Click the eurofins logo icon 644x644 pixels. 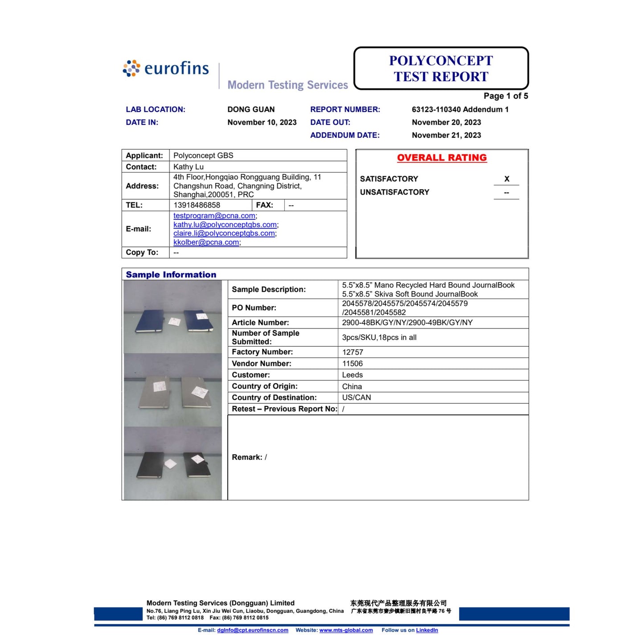(131, 69)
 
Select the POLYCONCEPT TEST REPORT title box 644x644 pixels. (441, 69)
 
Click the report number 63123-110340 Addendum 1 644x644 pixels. (460, 110)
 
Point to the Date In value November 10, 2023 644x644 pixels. (262, 123)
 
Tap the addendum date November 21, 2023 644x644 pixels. (446, 135)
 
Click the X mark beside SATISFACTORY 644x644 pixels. (507, 179)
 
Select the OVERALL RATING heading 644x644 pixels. (442, 158)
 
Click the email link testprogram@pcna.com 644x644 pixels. (214, 216)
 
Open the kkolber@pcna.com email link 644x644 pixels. (206, 242)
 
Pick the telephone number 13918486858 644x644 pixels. (197, 205)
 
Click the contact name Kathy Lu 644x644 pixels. (189, 167)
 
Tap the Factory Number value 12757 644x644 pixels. (353, 352)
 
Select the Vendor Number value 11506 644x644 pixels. (353, 364)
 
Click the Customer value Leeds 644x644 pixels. (353, 375)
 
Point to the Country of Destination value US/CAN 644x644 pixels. (357, 398)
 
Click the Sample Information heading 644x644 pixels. (171, 275)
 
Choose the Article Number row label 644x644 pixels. (260, 323)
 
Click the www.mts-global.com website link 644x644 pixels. (346, 630)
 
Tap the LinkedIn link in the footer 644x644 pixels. (427, 630)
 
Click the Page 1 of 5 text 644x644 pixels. (506, 96)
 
